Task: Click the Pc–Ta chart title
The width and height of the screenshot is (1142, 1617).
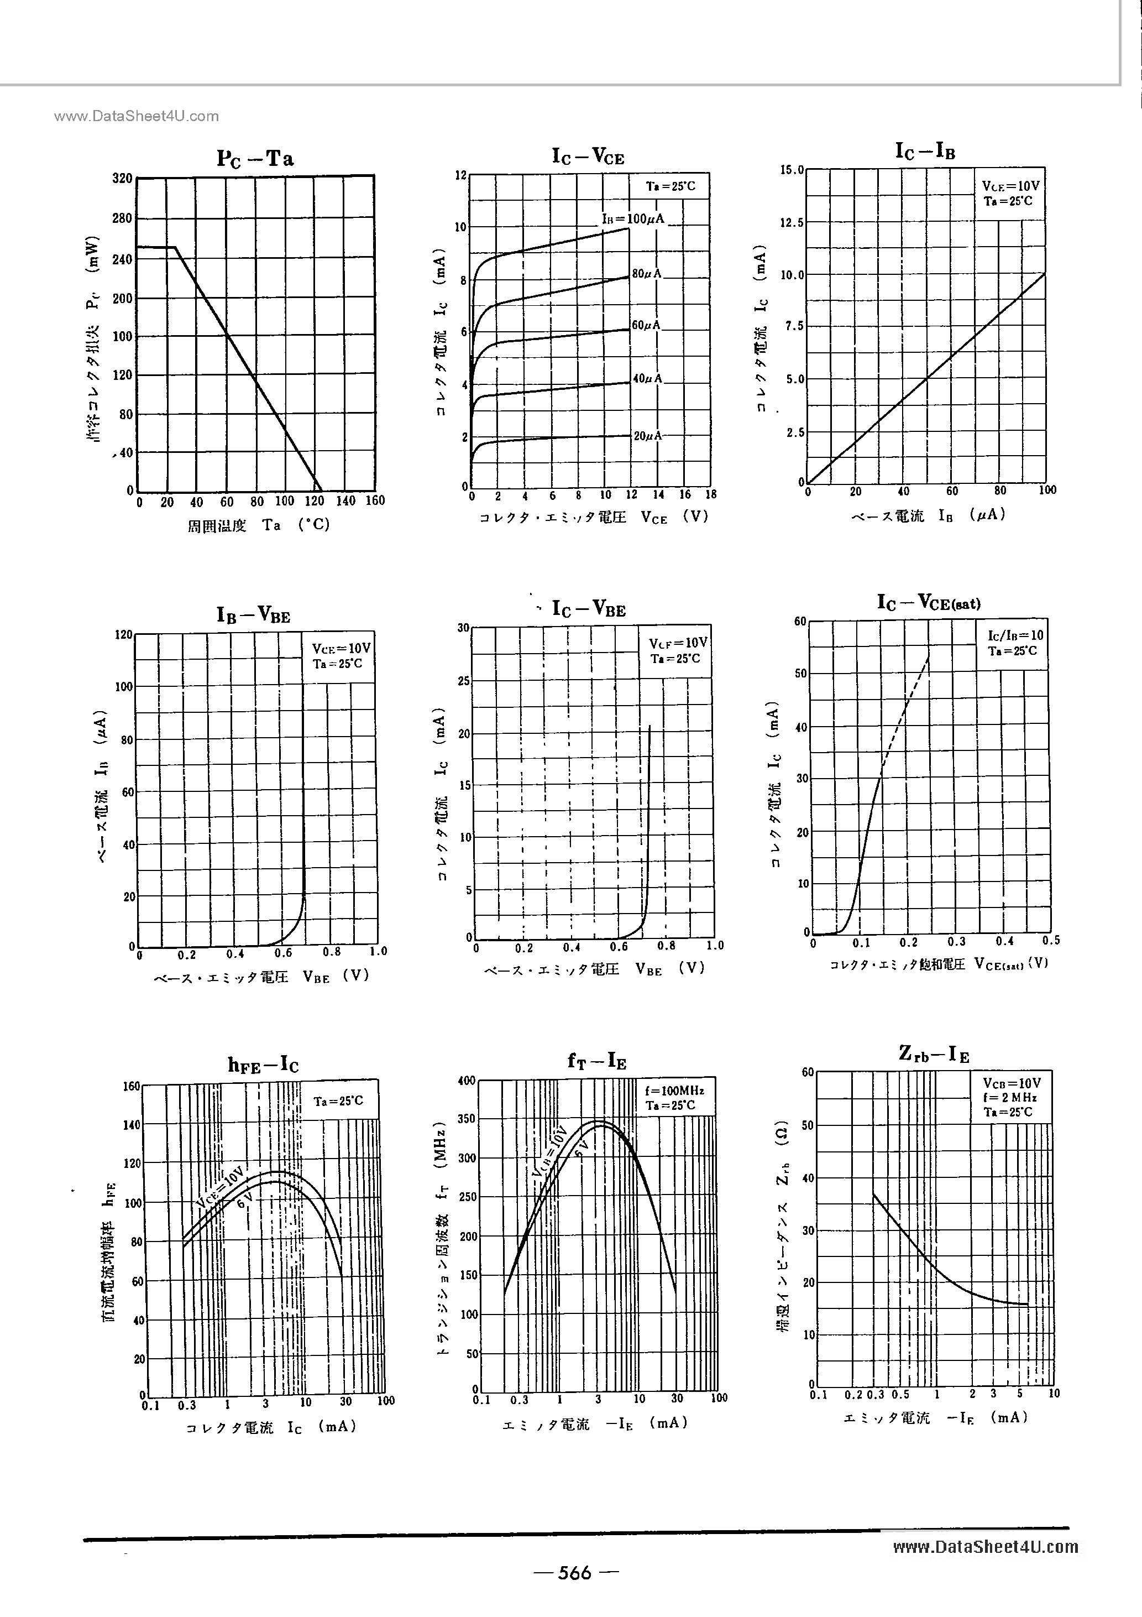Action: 255,159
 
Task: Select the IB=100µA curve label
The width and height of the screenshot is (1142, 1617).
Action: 633,219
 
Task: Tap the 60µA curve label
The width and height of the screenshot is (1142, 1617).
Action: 646,325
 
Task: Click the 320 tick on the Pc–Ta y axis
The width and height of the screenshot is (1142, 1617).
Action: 123,178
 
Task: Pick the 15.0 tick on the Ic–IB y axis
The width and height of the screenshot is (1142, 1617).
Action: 792,170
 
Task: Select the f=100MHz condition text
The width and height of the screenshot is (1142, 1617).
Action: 674,1091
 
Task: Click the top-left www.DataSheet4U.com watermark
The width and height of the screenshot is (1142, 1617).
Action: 136,116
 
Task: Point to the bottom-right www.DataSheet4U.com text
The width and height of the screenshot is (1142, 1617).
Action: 985,1547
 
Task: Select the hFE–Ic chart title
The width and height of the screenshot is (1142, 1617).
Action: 263,1065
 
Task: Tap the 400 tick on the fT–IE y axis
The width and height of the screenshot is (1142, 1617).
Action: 467,1081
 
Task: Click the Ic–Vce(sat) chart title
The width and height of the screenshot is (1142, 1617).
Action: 928,603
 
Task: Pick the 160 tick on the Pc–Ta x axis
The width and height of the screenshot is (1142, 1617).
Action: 375,500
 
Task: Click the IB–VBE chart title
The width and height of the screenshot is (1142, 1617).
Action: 253,615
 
